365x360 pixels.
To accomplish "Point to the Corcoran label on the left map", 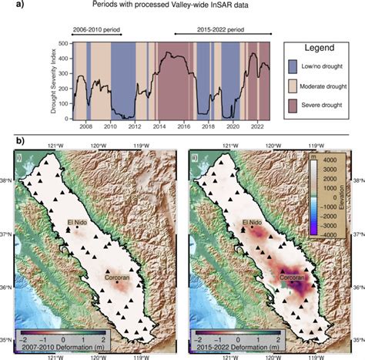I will click(x=118, y=277).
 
